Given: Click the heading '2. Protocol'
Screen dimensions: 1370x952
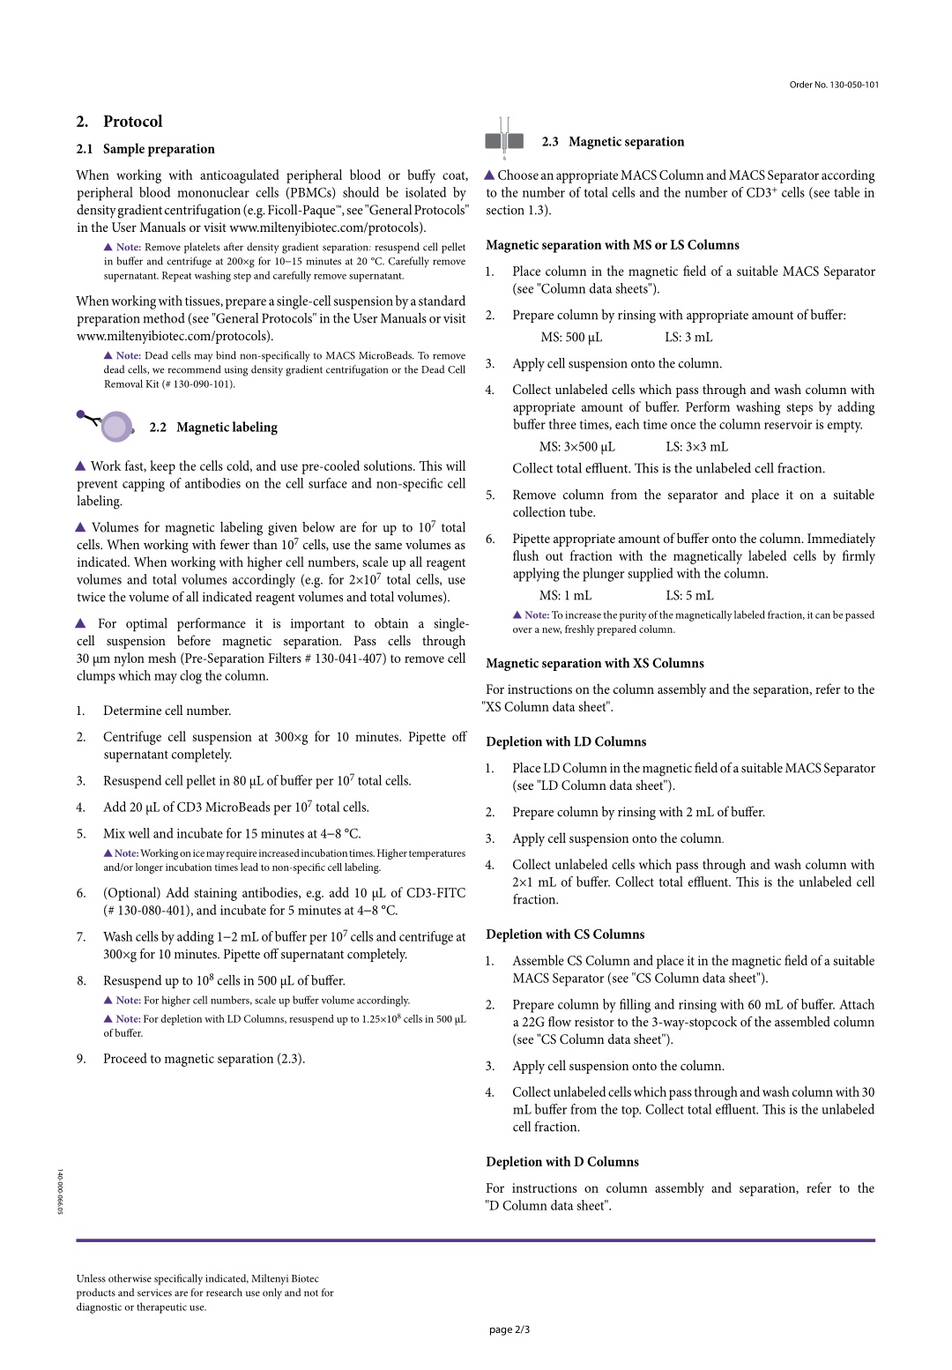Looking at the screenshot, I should pyautogui.click(x=119, y=122).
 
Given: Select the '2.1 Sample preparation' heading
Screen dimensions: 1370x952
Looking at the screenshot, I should pyautogui.click(x=145, y=149).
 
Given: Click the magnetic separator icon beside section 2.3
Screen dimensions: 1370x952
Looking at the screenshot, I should pyautogui.click(x=504, y=140).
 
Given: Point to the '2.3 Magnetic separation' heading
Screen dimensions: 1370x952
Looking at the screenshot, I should pyautogui.click(x=613, y=142).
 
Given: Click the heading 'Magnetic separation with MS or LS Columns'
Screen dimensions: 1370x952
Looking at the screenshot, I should pyautogui.click(x=613, y=245).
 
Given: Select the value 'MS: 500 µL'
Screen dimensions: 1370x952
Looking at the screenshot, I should pyautogui.click(x=571, y=338).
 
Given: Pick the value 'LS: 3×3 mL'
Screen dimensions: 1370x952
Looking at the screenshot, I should pyautogui.click(x=696, y=447).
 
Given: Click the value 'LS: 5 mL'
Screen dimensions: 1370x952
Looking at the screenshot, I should pyautogui.click(x=689, y=596).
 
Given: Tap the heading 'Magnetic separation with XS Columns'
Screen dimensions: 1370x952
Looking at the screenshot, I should pyautogui.click(x=595, y=664).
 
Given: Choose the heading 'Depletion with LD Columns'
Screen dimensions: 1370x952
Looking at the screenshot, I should pyautogui.click(x=566, y=742).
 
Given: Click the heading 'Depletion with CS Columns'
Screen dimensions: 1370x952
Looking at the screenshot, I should pyautogui.click(x=565, y=934).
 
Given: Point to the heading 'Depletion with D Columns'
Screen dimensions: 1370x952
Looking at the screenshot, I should pyautogui.click(x=562, y=1162).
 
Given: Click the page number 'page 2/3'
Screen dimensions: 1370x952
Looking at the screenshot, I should pyautogui.click(x=509, y=1329).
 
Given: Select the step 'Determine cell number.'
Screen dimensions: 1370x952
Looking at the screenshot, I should pyautogui.click(x=167, y=711).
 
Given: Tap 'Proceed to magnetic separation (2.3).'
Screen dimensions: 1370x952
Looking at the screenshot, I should pyautogui.click(x=204, y=1059).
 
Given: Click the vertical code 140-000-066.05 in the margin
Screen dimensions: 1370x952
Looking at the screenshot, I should pyautogui.click(x=60, y=1192).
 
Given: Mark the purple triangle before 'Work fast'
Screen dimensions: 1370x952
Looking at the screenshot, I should pyautogui.click(x=81, y=466).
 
